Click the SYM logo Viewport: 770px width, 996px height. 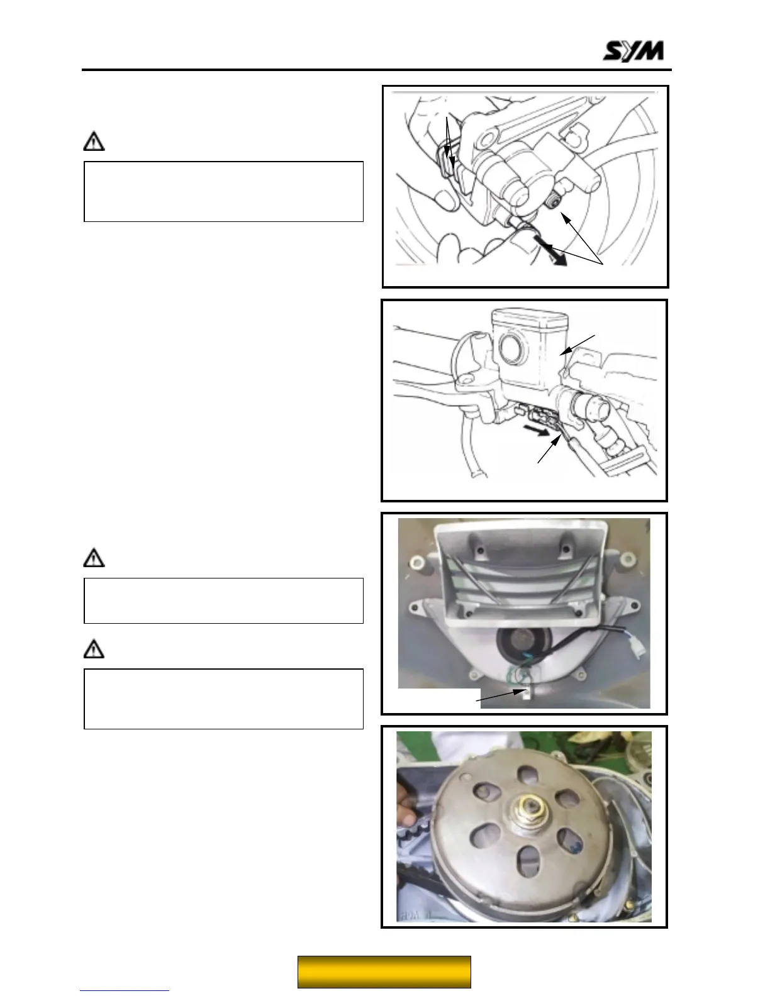(x=633, y=51)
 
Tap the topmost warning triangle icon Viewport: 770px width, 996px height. (x=94, y=141)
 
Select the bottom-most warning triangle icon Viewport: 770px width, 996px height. (x=94, y=649)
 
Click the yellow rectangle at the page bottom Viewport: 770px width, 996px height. (x=384, y=971)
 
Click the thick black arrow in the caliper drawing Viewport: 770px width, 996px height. (x=551, y=251)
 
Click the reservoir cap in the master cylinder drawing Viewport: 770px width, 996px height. (x=530, y=316)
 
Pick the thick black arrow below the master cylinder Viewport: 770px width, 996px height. (x=537, y=431)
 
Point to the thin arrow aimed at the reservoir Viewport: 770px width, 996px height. (x=577, y=345)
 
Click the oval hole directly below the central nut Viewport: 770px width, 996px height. (x=528, y=861)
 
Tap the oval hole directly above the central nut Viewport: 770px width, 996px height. (x=527, y=774)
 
